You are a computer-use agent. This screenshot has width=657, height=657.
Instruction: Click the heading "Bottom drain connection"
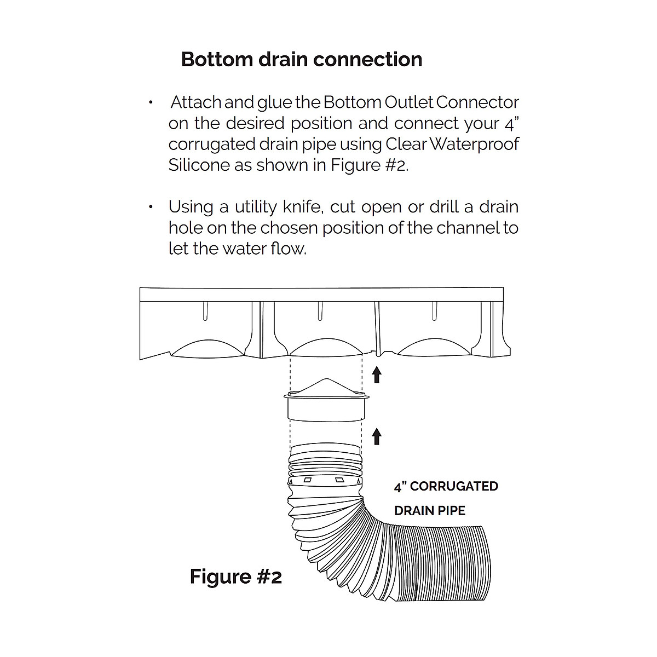coord(302,59)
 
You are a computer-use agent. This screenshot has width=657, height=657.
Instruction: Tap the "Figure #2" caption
coord(235,577)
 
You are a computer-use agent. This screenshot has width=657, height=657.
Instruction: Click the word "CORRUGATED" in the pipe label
coord(454,486)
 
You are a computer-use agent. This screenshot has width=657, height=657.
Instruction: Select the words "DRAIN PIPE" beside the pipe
coord(430,511)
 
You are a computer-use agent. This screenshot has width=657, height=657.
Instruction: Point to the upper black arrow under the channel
coord(376,375)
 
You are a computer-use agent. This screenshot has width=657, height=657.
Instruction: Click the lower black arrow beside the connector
coord(376,436)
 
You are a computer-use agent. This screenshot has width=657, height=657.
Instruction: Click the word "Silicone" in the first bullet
coord(199,165)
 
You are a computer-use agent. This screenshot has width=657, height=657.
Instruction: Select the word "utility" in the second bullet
coord(256,207)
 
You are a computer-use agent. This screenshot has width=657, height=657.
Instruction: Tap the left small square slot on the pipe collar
coord(308,480)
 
